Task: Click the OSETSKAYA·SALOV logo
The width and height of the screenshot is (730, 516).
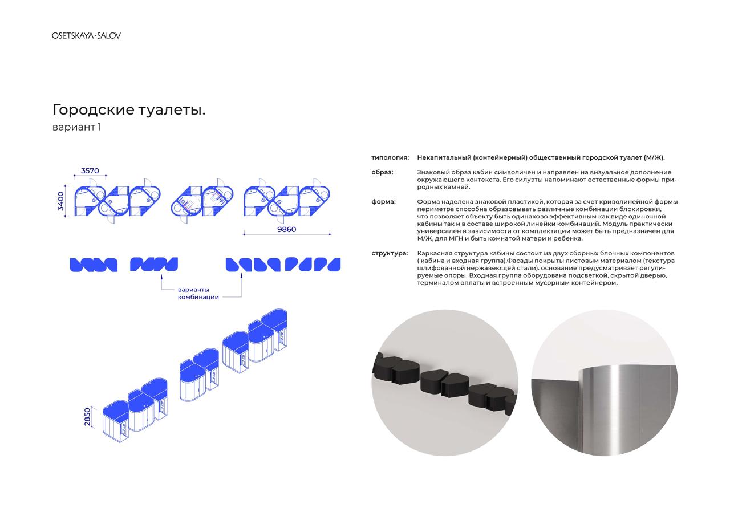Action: click(x=86, y=35)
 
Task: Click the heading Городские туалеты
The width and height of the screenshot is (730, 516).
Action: click(x=129, y=110)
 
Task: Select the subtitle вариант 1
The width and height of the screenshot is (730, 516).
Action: click(x=77, y=127)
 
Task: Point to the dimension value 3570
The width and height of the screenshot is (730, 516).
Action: click(x=90, y=170)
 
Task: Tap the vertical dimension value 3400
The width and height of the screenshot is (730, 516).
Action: click(x=60, y=201)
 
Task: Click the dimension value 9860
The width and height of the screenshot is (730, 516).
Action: click(x=287, y=229)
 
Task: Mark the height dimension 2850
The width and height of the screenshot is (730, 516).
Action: click(x=87, y=417)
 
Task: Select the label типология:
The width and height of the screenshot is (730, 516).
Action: click(x=390, y=158)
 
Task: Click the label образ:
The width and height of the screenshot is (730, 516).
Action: click(x=382, y=172)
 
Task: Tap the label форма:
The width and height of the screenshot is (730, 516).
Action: click(x=384, y=202)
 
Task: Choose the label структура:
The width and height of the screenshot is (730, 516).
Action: click(x=390, y=254)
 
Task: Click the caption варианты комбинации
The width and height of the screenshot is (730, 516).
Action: click(x=198, y=293)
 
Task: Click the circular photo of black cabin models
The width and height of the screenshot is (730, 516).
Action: click(x=445, y=383)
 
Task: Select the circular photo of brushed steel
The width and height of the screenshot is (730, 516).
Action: click(x=605, y=383)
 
